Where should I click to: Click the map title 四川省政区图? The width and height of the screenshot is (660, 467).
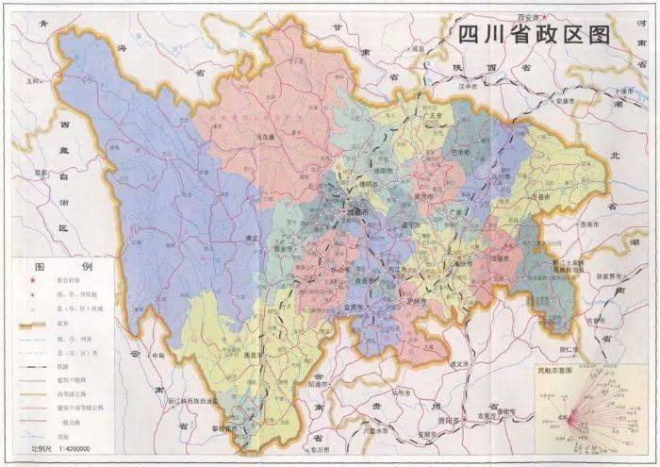click(534, 35)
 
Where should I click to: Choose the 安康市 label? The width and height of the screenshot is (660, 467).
click(565, 100)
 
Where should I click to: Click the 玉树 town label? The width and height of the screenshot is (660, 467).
click(38, 82)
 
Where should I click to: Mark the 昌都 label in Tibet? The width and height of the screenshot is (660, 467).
click(40, 174)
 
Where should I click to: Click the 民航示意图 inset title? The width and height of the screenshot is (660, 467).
click(555, 372)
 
